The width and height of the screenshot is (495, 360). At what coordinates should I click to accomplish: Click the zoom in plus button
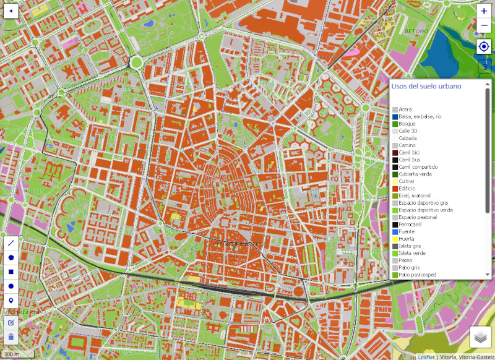484,11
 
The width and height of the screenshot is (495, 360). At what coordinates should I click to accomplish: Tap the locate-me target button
484,47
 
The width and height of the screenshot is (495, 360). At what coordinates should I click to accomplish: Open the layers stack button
481,337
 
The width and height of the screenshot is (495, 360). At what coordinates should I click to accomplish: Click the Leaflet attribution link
426,356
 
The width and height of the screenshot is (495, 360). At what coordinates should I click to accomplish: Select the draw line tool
11,244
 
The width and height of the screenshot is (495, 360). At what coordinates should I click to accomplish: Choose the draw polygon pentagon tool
11,258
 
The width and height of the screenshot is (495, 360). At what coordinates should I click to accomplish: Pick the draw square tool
11,272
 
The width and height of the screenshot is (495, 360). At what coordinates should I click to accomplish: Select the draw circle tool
11,286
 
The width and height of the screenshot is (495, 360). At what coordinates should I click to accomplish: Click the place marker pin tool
11,301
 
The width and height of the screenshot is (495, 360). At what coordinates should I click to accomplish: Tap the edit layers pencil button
11,322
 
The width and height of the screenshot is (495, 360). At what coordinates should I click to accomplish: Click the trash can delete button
11,337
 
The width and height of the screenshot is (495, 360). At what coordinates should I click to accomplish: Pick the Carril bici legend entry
409,153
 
